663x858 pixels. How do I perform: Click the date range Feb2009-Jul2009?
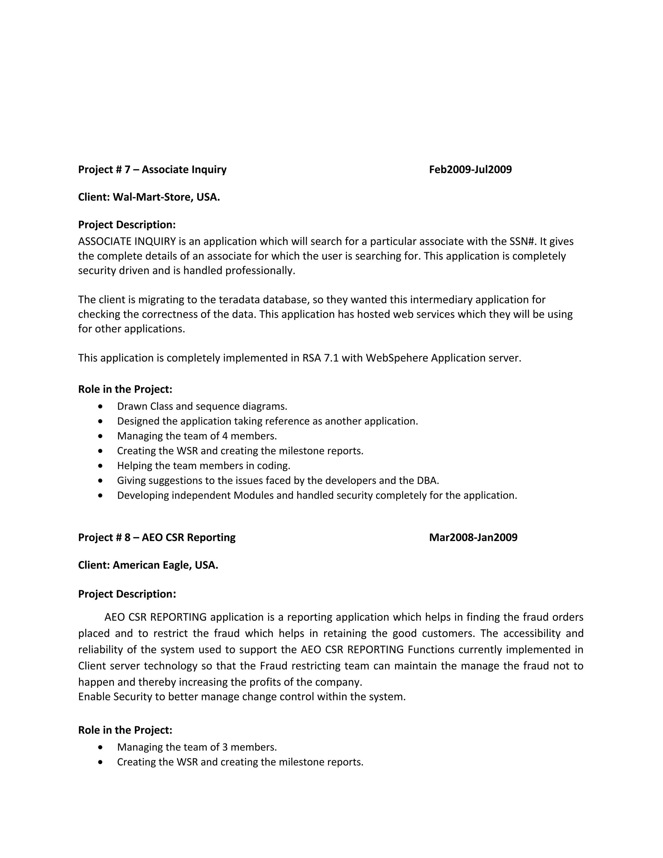(470, 169)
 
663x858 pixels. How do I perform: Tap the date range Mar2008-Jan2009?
(473, 537)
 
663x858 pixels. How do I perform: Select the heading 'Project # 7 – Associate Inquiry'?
(152, 169)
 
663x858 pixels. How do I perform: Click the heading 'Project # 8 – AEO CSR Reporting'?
(157, 537)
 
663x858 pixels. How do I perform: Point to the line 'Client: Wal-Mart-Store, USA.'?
(149, 197)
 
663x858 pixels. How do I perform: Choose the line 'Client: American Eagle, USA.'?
(148, 565)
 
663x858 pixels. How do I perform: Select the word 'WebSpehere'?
(397, 358)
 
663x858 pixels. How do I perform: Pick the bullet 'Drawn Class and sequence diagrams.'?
(202, 406)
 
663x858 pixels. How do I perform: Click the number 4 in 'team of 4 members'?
(225, 436)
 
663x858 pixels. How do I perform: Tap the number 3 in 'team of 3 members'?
(225, 747)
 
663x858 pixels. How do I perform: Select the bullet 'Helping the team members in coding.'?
(203, 466)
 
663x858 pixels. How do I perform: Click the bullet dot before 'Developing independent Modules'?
(101, 495)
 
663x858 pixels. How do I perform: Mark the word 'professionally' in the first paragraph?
(260, 271)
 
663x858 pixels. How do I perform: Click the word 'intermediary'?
(442, 300)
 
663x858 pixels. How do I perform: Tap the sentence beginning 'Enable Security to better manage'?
(242, 696)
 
